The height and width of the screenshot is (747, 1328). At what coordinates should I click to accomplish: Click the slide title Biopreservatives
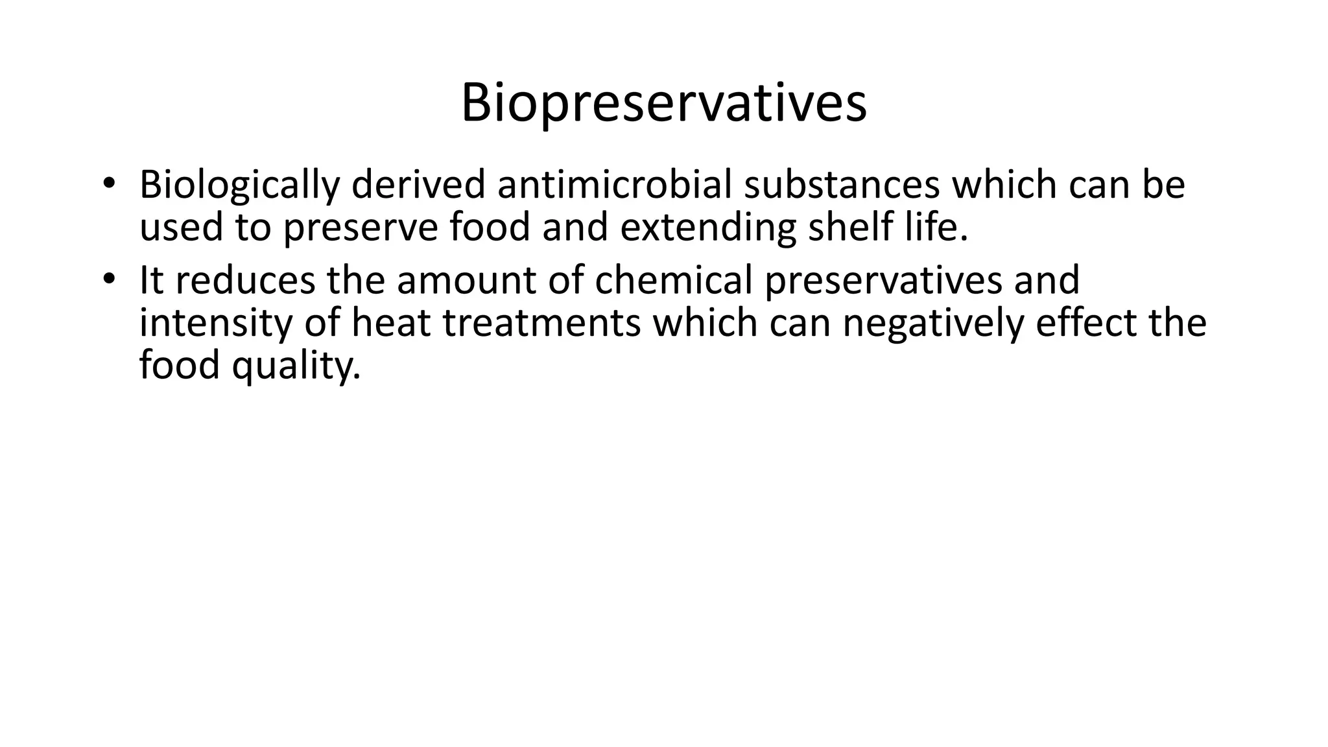(x=663, y=104)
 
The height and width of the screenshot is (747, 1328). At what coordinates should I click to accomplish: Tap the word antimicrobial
(x=614, y=185)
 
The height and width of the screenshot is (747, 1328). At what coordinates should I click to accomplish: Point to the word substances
(x=841, y=185)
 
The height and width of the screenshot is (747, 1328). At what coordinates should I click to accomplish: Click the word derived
(x=418, y=185)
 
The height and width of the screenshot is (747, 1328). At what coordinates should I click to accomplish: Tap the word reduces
(x=244, y=281)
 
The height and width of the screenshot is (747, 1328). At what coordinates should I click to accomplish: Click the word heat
(x=391, y=323)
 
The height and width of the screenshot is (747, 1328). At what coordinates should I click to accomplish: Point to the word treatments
(x=541, y=323)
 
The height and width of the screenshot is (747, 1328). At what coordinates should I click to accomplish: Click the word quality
(x=296, y=367)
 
